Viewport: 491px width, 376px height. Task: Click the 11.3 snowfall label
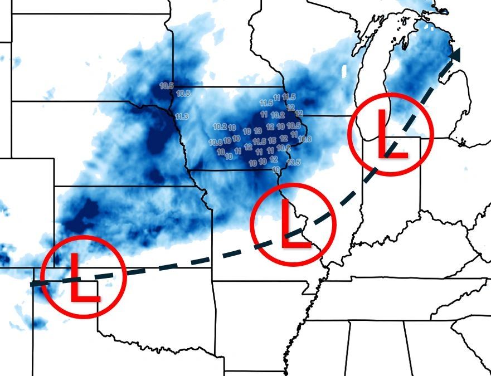[x=181, y=116]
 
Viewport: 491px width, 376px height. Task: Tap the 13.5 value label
[x=294, y=162]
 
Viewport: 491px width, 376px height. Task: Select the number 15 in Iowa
[x=271, y=140]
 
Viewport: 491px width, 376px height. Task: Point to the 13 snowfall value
[x=257, y=131]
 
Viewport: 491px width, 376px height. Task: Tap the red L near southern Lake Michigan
[x=391, y=134]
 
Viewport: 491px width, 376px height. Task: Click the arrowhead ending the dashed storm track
[x=457, y=55]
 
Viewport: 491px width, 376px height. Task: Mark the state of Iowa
[x=234, y=128]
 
